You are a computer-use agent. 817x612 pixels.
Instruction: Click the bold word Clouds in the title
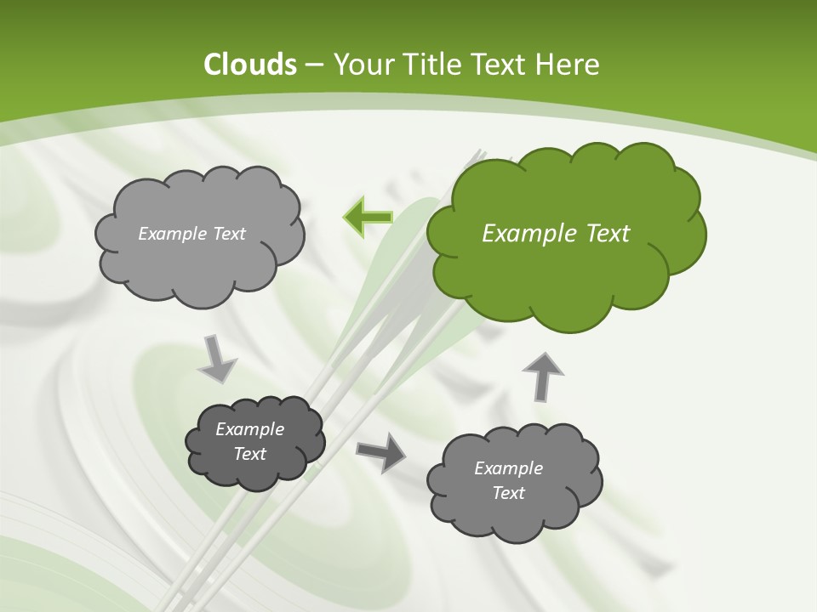[249, 65]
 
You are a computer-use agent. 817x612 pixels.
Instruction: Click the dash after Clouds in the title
[312, 65]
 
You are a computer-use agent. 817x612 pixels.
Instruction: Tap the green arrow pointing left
[368, 217]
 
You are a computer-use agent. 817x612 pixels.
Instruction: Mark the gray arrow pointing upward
[542, 375]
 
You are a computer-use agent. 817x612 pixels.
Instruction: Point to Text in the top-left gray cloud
[227, 234]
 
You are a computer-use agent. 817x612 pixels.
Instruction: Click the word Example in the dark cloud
[249, 429]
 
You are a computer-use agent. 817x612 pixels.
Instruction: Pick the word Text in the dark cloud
[249, 454]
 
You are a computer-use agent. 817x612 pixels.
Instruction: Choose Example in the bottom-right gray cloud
[508, 468]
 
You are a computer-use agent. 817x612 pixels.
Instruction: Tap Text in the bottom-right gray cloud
[508, 493]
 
